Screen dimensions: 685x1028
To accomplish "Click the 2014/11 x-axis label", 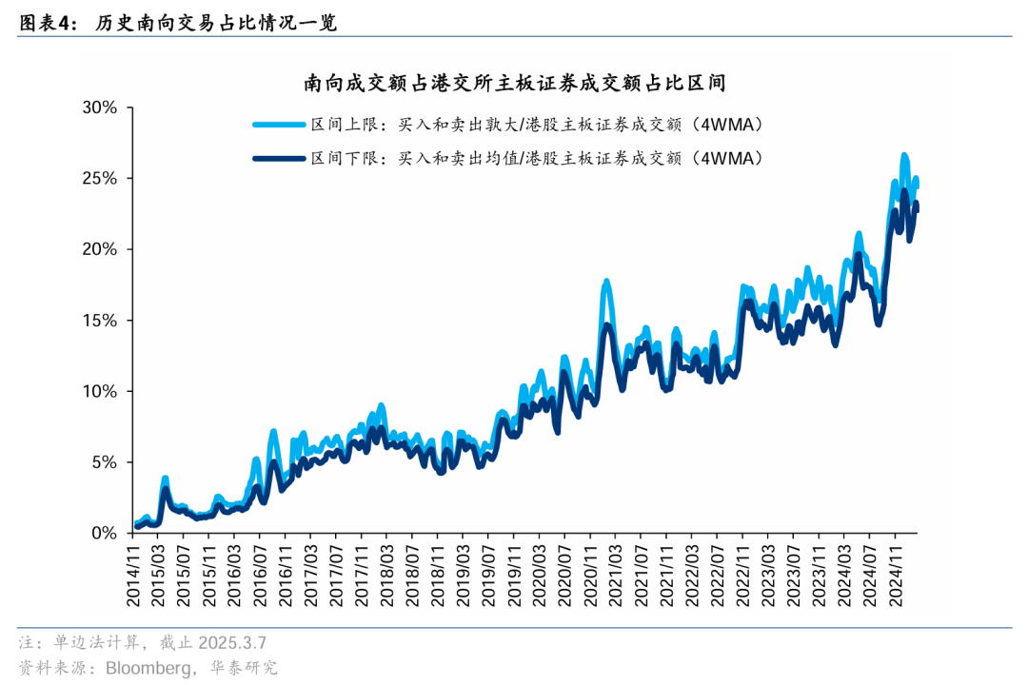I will (x=135, y=577).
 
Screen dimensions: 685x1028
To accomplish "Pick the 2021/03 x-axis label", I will (x=613, y=577).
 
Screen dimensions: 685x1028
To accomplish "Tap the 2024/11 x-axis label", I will (x=894, y=577).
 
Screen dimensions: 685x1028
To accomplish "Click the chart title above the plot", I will (x=515, y=84).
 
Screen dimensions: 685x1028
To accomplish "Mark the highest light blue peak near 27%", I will (x=904, y=155).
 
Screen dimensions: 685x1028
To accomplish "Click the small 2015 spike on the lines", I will (x=165, y=479).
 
